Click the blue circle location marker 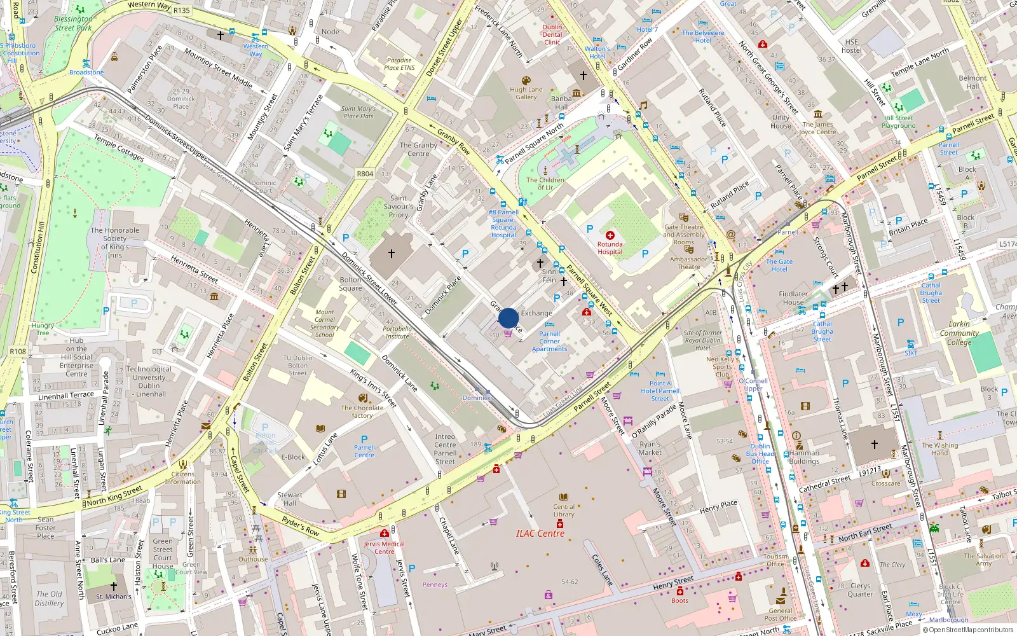click(508, 318)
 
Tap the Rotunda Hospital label click(610, 248)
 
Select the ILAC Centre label click(540, 534)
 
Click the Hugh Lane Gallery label click(526, 93)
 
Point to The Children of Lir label click(545, 184)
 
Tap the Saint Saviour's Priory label click(399, 207)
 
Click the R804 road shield click(365, 174)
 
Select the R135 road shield click(182, 10)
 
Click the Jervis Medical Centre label click(384, 548)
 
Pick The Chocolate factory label click(362, 411)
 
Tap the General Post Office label click(780, 614)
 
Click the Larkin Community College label click(959, 333)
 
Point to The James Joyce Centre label click(817, 128)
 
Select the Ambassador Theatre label click(688, 263)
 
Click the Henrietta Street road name click(194, 268)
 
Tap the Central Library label click(563, 511)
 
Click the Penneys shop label click(435, 584)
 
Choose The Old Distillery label click(49, 598)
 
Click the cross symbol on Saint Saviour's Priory click(392, 254)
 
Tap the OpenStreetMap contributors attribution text click(968, 630)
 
